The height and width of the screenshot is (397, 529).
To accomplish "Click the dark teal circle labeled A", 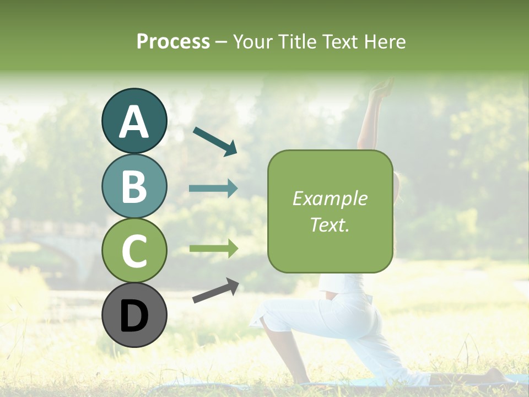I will tap(134, 121).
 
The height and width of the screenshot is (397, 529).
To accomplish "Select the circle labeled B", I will tap(134, 186).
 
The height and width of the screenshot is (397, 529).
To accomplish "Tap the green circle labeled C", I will tap(134, 250).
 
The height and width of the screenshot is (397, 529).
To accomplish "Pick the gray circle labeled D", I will tap(134, 315).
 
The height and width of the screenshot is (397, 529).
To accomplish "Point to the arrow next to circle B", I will tap(213, 189).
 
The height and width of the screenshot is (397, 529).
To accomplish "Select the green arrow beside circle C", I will tap(213, 249).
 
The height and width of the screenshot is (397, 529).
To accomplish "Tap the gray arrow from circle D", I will tap(215, 291).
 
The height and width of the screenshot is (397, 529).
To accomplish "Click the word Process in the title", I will tap(173, 42).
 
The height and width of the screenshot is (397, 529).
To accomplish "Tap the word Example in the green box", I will tap(330, 198).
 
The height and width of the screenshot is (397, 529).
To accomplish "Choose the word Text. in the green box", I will tap(330, 224).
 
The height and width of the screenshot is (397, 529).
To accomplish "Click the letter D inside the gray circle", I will tap(134, 316).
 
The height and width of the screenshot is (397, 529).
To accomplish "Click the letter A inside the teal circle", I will tap(134, 122).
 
